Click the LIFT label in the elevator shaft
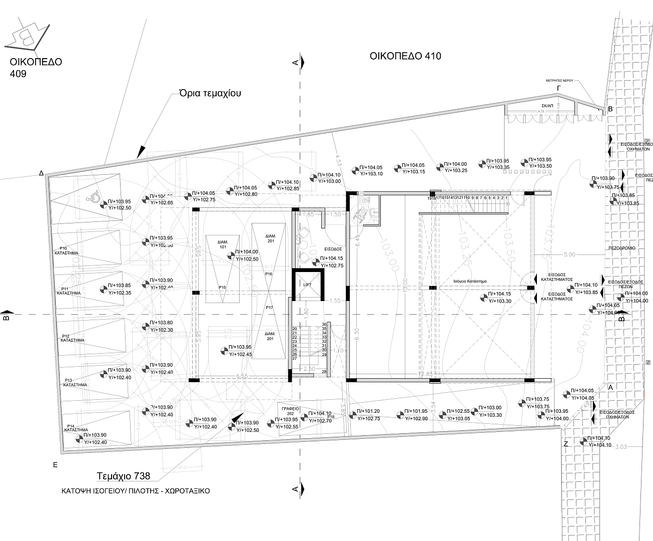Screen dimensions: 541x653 pos(307,284)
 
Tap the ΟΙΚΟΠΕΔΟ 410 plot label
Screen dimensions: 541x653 pos(405,56)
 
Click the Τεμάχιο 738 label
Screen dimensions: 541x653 pos(123,476)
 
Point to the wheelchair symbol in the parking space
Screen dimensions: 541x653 pos(93,197)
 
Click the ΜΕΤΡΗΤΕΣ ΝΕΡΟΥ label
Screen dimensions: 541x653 pos(559,80)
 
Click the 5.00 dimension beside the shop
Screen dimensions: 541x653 pos(569,254)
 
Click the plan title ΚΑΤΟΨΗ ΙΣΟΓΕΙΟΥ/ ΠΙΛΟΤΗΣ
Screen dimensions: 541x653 pos(132,491)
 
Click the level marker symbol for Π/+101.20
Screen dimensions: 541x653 pos(353,415)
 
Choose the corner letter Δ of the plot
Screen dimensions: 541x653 pos(42,173)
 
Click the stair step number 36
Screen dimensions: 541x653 pos(324,324)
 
